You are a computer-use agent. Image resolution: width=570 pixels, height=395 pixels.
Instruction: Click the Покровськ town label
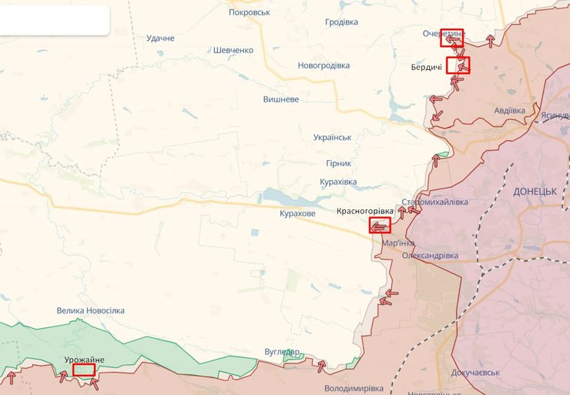pyautogui.click(x=249, y=12)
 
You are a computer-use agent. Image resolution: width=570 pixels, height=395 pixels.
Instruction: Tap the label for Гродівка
pyautogui.click(x=341, y=22)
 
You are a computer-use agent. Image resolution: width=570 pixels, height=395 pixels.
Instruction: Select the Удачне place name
pyautogui.click(x=160, y=38)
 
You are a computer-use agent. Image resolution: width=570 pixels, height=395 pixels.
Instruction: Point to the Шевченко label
pyautogui.click(x=233, y=50)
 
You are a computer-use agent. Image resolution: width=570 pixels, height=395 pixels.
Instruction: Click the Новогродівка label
pyautogui.click(x=324, y=65)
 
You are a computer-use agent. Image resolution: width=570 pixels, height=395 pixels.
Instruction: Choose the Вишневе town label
pyautogui.click(x=281, y=99)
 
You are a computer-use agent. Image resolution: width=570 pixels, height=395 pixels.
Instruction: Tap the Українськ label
pyautogui.click(x=332, y=137)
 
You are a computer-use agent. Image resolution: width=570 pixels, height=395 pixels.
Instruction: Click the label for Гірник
pyautogui.click(x=338, y=163)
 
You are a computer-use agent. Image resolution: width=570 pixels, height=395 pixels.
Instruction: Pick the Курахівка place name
pyautogui.click(x=338, y=182)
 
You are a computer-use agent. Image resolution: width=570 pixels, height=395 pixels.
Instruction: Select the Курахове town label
pyautogui.click(x=297, y=213)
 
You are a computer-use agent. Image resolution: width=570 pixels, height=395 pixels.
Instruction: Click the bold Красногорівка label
pyautogui.click(x=365, y=211)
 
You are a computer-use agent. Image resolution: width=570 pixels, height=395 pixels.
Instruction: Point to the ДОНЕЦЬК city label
pyautogui.click(x=535, y=190)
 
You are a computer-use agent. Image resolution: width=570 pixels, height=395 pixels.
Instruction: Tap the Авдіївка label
pyautogui.click(x=509, y=110)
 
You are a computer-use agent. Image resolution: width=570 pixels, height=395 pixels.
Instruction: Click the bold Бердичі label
pyautogui.click(x=427, y=68)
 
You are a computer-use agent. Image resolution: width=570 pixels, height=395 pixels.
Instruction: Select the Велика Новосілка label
pyautogui.click(x=90, y=310)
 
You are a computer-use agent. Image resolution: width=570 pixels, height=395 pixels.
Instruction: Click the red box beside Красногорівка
pyautogui.click(x=380, y=226)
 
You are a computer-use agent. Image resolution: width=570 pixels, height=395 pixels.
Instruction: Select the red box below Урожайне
pyautogui.click(x=83, y=370)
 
